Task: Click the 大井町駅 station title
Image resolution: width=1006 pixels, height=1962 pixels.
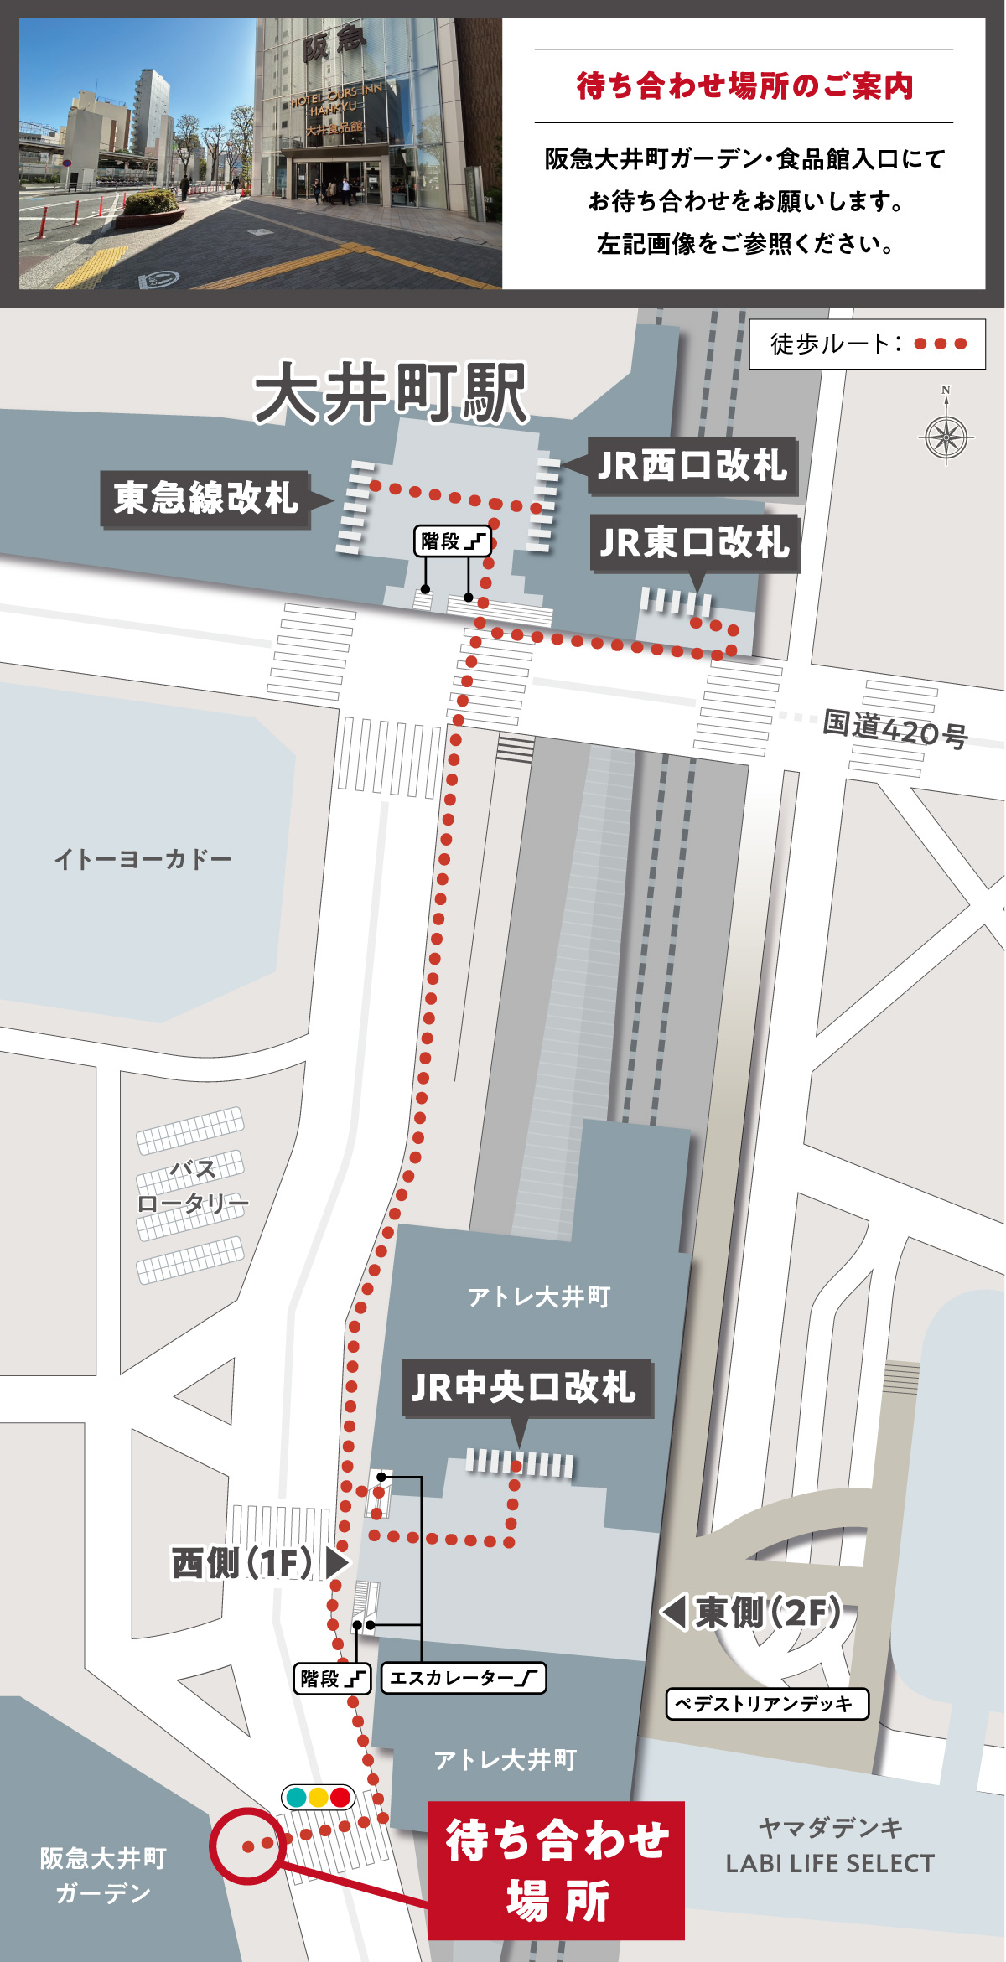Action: tap(391, 393)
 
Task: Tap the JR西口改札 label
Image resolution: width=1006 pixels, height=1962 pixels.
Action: tap(692, 466)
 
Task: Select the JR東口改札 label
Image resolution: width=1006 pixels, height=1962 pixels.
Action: tap(695, 542)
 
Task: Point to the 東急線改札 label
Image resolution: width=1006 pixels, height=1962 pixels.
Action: tap(206, 499)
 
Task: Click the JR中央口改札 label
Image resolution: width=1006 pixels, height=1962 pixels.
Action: tap(525, 1388)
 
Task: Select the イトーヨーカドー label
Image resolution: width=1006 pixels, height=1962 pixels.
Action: tap(143, 859)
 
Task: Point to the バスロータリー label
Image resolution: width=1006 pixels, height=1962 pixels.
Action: tap(193, 1187)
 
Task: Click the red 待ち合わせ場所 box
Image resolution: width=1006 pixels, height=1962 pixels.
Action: tap(557, 1870)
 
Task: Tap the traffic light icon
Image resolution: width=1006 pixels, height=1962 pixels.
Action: tap(318, 1797)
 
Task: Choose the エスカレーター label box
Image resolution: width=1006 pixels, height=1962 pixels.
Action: tap(463, 1678)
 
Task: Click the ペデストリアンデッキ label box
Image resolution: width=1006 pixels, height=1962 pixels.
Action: tap(766, 1704)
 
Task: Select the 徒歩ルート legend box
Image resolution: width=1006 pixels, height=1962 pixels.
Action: tap(867, 344)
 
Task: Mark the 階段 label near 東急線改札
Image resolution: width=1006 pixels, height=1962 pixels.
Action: tap(452, 541)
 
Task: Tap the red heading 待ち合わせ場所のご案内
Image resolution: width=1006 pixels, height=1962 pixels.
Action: tap(744, 86)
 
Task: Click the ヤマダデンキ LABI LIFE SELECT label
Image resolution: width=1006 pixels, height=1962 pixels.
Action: tap(830, 1846)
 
